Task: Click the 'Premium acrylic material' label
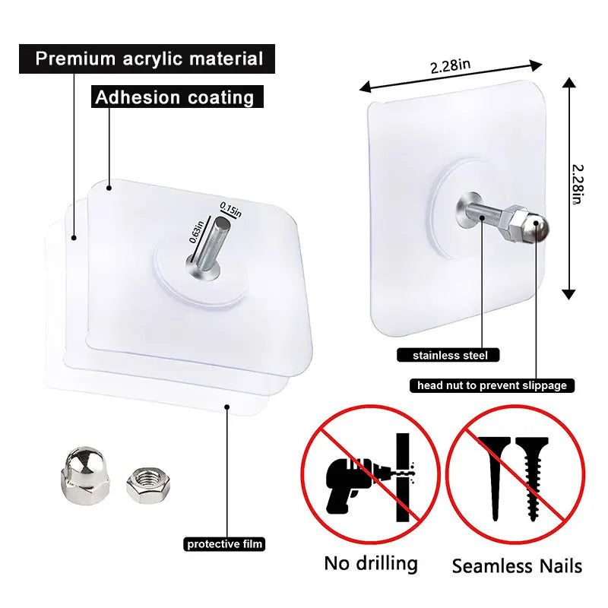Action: click(149, 59)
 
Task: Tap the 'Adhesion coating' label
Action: click(175, 97)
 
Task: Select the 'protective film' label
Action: click(225, 543)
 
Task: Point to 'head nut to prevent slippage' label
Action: click(492, 385)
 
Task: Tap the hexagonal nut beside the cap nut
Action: click(144, 484)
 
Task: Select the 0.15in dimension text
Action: click(230, 210)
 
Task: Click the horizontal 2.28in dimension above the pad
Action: click(450, 66)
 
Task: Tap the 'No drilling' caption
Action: click(371, 563)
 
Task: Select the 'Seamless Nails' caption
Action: click(517, 565)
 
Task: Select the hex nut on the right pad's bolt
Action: click(517, 223)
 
